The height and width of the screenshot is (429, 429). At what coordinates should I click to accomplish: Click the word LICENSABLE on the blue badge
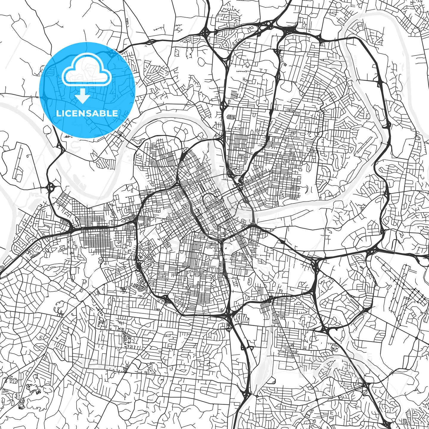(87, 114)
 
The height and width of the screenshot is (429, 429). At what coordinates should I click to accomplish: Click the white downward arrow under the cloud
(83, 97)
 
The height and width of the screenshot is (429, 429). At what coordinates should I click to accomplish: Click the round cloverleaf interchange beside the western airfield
(51, 188)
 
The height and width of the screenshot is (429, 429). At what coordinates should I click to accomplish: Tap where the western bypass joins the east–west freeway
(71, 229)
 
